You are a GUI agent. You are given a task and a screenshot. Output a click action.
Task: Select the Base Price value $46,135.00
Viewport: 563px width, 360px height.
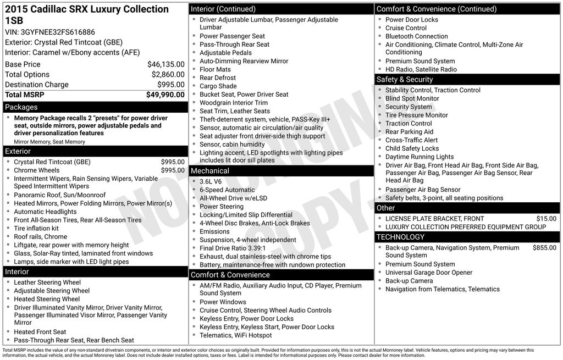(x=165, y=64)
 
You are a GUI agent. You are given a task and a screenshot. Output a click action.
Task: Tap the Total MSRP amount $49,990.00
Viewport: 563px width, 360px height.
(x=165, y=95)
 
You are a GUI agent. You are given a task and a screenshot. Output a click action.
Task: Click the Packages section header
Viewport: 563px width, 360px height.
(x=21, y=107)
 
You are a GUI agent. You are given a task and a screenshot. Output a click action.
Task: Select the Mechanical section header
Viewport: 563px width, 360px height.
(x=210, y=171)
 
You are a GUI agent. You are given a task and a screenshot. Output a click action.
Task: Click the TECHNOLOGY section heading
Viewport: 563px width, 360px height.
(x=400, y=237)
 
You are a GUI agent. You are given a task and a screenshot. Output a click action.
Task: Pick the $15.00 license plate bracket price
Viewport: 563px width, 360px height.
(x=546, y=219)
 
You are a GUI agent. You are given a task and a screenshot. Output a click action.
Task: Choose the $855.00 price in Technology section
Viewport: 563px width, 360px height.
(x=544, y=248)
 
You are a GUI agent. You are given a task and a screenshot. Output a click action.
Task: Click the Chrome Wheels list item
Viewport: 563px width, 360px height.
(x=36, y=170)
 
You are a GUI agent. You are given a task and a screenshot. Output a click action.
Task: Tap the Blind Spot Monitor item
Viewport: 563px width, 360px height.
(x=412, y=98)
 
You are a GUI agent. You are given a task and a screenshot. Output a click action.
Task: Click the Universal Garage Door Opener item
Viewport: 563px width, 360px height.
(x=428, y=273)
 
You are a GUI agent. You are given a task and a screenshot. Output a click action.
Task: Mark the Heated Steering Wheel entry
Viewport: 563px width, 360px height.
(x=47, y=299)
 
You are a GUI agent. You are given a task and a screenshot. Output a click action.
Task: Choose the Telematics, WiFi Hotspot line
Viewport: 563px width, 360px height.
(x=235, y=335)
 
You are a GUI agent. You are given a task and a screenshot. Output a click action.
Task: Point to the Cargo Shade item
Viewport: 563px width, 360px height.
(x=218, y=86)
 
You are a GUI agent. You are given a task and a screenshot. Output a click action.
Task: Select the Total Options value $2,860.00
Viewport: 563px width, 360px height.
(x=168, y=75)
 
